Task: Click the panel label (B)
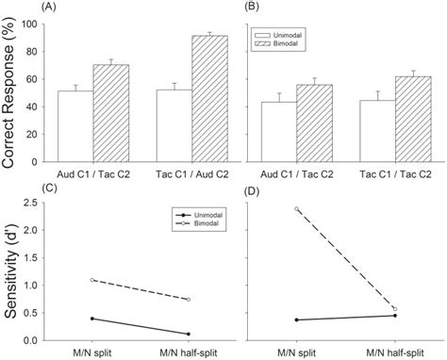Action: pyautogui.click(x=252, y=8)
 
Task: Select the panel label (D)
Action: pyautogui.click(x=253, y=191)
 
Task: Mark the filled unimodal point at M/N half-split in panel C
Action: pyautogui.click(x=190, y=334)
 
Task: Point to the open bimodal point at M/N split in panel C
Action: pyautogui.click(x=92, y=280)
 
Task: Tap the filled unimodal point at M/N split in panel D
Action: pyautogui.click(x=295, y=319)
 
